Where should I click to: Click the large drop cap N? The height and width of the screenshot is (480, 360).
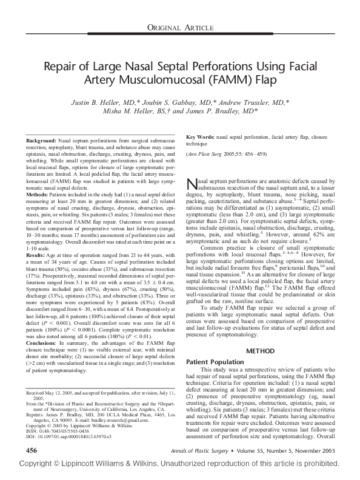[193, 185]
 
